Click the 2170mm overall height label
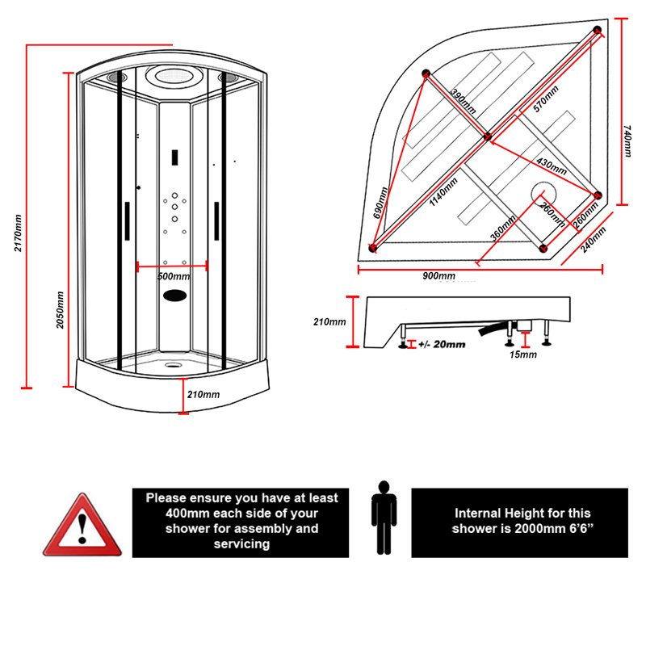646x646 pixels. click(x=17, y=231)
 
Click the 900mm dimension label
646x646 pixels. click(x=438, y=277)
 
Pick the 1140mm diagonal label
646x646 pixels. click(x=443, y=191)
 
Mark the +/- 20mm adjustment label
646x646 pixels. click(x=441, y=345)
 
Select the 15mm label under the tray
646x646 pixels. click(x=523, y=354)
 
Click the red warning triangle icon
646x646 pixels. click(x=81, y=526)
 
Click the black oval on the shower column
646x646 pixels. click(x=174, y=296)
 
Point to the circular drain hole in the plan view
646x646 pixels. click(x=539, y=194)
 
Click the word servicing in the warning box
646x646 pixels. click(x=241, y=544)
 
